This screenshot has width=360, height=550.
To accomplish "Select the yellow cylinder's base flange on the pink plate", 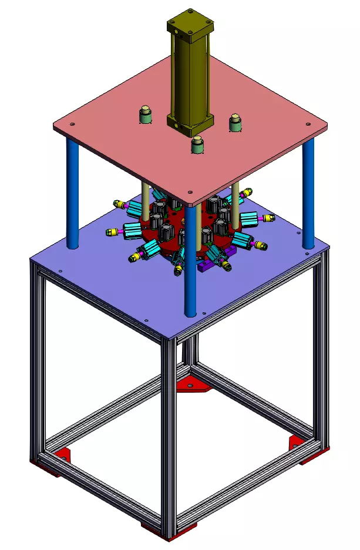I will (189, 123).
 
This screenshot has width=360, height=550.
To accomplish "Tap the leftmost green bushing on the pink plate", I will (145, 115).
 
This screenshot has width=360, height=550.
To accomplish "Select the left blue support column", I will (72, 194).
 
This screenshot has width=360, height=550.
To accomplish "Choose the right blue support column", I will (308, 194).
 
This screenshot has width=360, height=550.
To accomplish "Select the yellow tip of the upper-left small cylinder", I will (118, 204).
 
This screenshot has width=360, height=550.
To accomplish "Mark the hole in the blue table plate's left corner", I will (59, 270).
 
